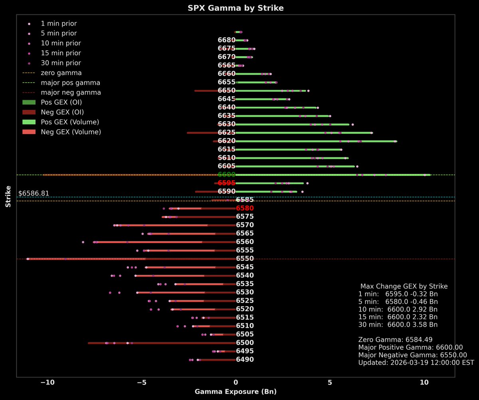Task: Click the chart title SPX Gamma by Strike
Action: [x=236, y=8]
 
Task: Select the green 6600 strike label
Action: [x=226, y=175]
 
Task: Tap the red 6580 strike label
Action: [x=245, y=208]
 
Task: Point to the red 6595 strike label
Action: [x=226, y=183]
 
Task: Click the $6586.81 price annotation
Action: [x=34, y=193]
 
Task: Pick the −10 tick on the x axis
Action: [x=48, y=383]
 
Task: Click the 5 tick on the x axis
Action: [x=330, y=383]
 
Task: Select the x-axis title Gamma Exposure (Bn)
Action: [x=236, y=392]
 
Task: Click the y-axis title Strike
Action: [x=8, y=196]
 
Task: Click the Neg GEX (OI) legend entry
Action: [x=62, y=112]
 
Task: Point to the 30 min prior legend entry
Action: [x=61, y=63]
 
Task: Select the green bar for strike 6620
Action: [x=315, y=141]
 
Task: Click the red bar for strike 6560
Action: [x=152, y=242]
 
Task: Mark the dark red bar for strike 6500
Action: [x=160, y=343]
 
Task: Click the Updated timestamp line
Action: [x=416, y=363]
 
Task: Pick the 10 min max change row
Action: [x=398, y=309]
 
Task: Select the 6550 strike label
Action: [x=245, y=259]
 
